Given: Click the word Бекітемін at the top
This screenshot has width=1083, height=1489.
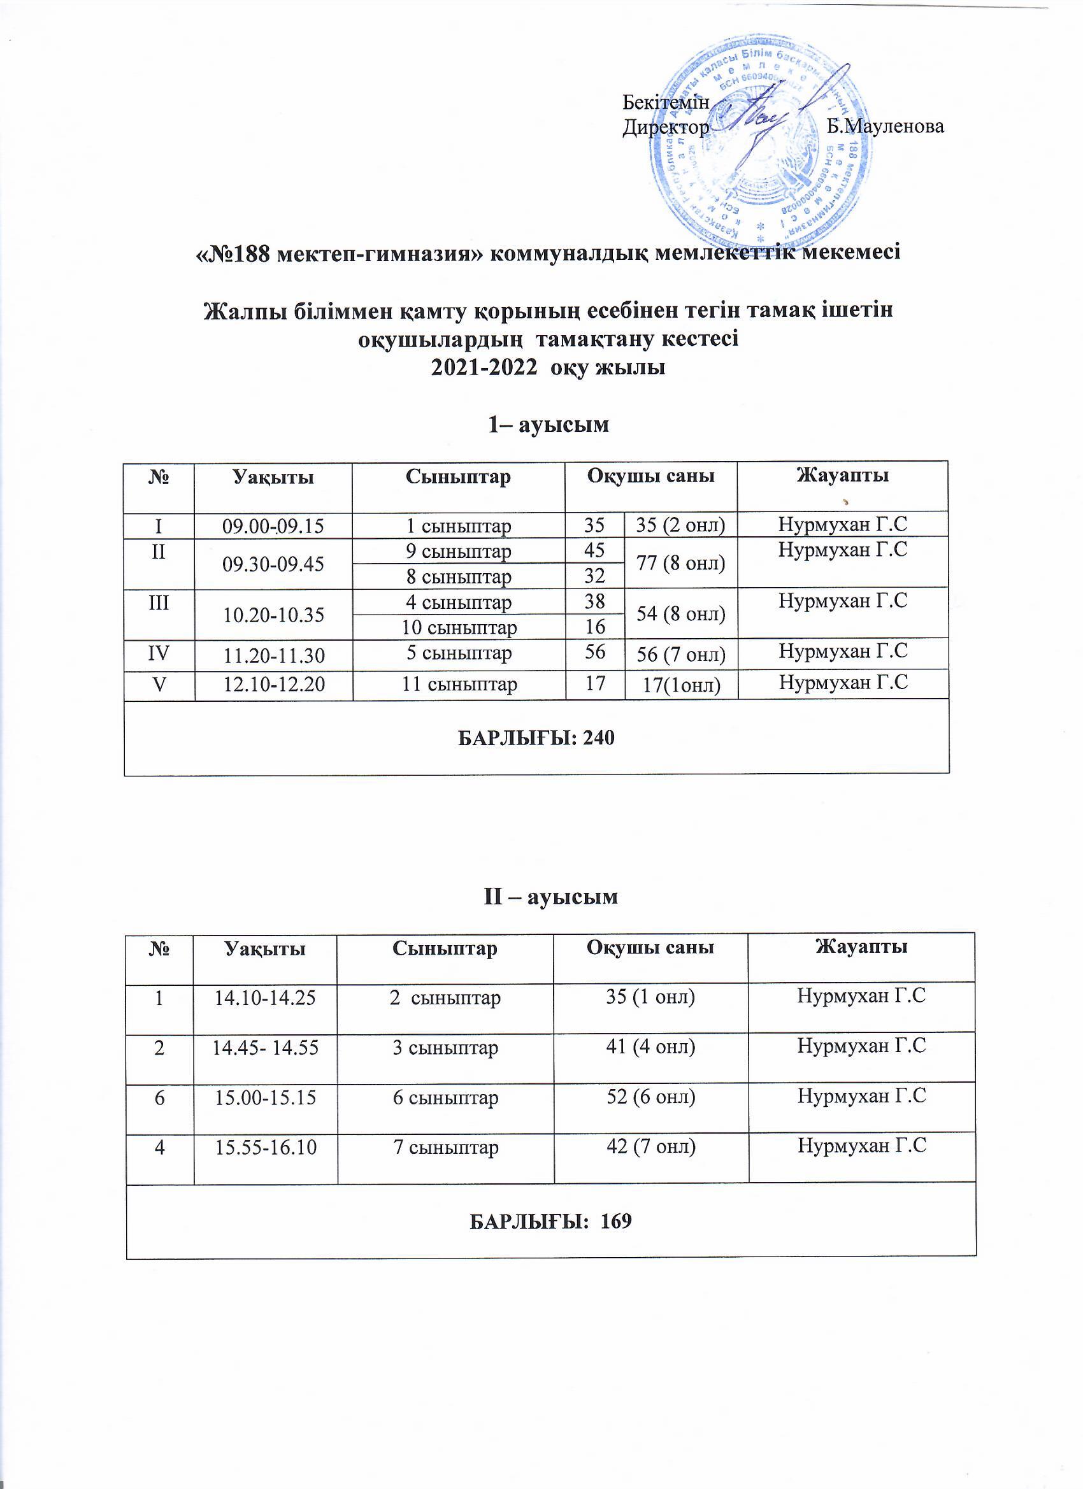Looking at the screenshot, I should [x=666, y=103].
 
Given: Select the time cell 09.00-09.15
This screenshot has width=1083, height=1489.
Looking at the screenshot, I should [x=273, y=526].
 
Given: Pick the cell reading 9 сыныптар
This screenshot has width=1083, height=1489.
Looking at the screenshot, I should [x=459, y=552].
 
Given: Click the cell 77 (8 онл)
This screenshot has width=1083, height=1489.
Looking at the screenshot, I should [x=681, y=562].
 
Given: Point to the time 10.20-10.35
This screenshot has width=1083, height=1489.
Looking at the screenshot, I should [x=273, y=615].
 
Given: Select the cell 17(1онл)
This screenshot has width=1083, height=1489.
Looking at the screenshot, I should [x=681, y=685].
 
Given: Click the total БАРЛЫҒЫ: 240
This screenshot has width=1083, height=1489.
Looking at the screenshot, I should [x=536, y=739].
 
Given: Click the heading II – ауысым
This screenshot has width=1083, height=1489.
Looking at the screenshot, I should [x=550, y=897].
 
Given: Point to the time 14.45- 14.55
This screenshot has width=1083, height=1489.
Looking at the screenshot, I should [x=265, y=1047].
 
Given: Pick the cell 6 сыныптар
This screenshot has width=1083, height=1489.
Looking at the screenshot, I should [x=445, y=1097].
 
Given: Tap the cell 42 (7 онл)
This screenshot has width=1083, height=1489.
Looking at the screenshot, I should [x=650, y=1147].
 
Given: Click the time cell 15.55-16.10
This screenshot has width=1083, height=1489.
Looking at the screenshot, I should [x=265, y=1147].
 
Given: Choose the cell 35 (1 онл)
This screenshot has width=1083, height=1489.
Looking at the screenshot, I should [x=650, y=997].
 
